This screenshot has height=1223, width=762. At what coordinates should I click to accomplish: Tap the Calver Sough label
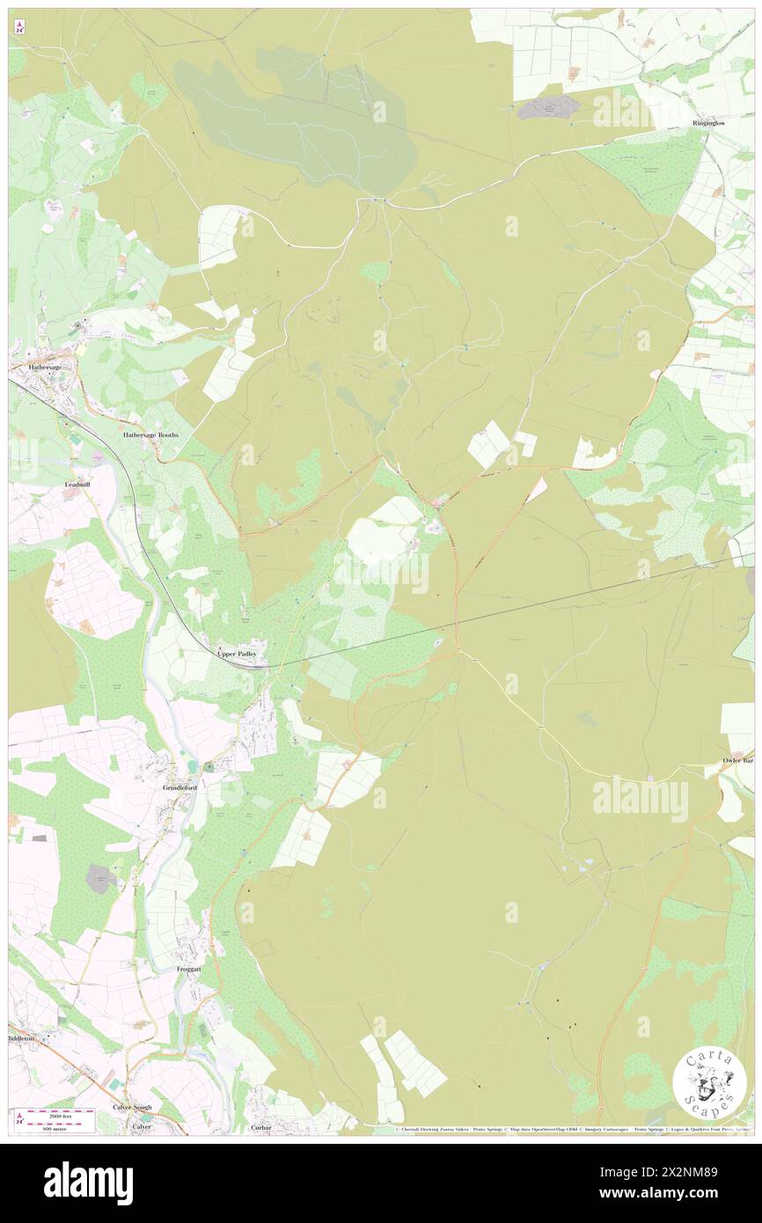tap(132, 1107)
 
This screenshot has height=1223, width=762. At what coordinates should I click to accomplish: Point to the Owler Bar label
tap(737, 759)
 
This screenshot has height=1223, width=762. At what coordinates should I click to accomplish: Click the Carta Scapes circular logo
tap(709, 1084)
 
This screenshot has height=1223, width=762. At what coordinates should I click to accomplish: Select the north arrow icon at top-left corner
tap(19, 28)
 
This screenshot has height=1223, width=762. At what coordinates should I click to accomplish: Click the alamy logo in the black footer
tap(88, 1183)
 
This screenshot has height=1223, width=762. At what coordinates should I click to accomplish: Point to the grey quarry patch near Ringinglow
tap(547, 107)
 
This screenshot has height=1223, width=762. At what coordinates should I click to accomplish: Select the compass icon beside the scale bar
tap(19, 1119)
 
